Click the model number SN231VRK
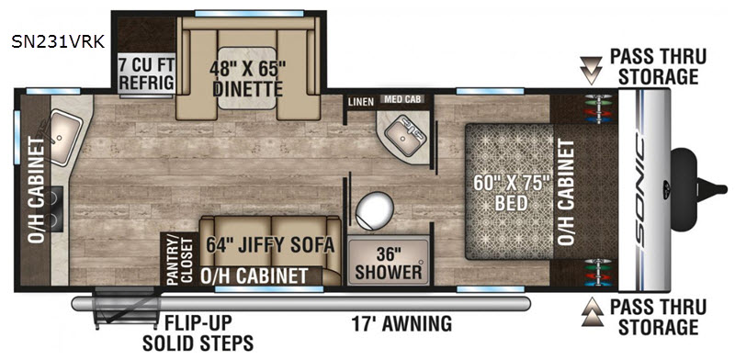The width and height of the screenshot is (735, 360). pyautogui.click(x=58, y=41)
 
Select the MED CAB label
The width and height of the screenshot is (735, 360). pyautogui.click(x=403, y=99)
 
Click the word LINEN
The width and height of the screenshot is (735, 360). pyautogui.click(x=361, y=102)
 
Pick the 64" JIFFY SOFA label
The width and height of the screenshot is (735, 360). pyautogui.click(x=270, y=244)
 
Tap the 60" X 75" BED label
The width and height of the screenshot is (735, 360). pyautogui.click(x=511, y=193)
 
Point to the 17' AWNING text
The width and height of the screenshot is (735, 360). pyautogui.click(x=401, y=323)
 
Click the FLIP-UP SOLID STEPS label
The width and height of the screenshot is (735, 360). pyautogui.click(x=198, y=333)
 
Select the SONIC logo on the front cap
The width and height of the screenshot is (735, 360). pyautogui.click(x=639, y=189)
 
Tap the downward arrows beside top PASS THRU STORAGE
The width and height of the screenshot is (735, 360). pyautogui.click(x=590, y=71)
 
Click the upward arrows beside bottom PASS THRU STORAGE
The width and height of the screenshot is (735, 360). pyautogui.click(x=590, y=311)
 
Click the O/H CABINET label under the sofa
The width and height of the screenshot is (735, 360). pyautogui.click(x=254, y=276)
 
